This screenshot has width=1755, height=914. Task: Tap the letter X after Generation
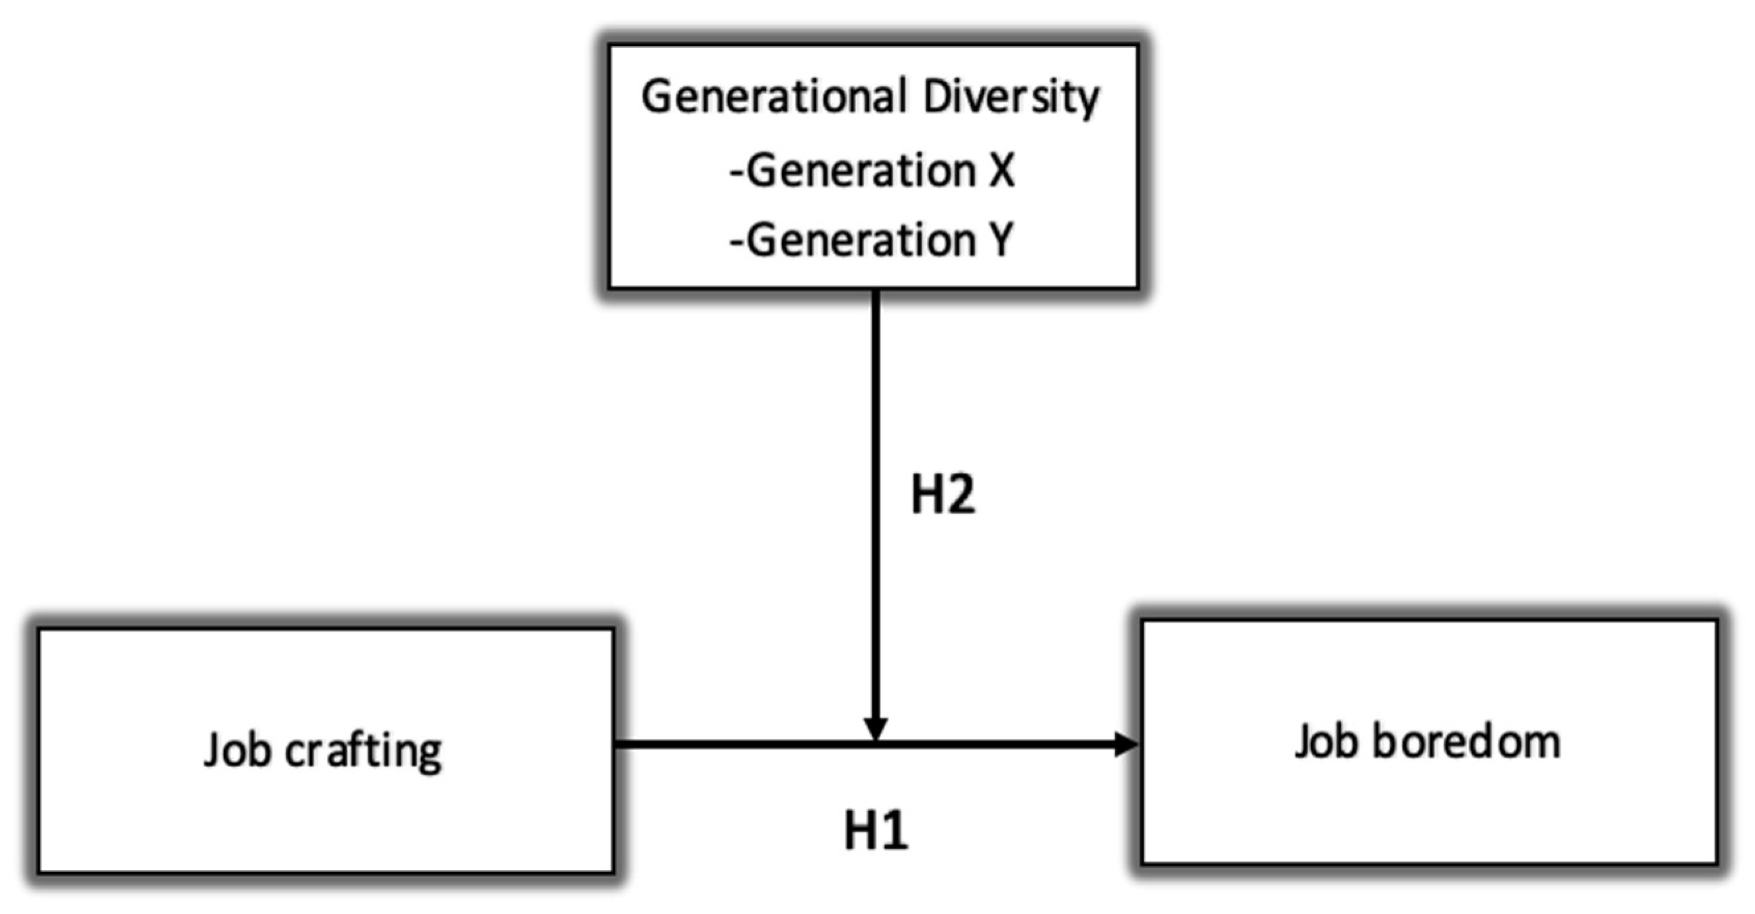click(1001, 171)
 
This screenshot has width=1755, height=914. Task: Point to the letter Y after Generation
click(1000, 240)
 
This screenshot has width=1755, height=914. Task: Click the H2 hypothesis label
click(942, 495)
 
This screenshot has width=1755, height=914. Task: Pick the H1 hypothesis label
click(876, 831)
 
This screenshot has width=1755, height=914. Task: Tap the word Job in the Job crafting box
click(236, 751)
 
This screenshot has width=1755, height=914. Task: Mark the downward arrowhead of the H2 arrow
click(875, 729)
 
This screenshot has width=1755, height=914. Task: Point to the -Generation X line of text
click(872, 171)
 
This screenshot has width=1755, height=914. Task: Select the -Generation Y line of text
click(872, 240)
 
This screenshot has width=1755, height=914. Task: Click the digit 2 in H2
click(960, 495)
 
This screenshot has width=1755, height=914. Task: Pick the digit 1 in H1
click(895, 831)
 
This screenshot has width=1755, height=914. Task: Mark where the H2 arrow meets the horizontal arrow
click(875, 743)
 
